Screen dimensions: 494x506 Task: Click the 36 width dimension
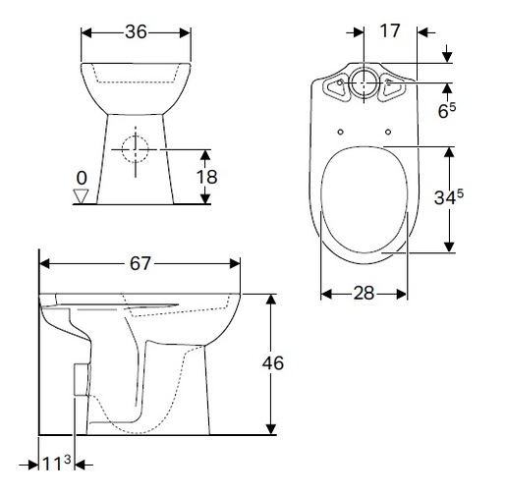[x=137, y=31]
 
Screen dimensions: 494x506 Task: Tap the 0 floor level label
[x=82, y=177]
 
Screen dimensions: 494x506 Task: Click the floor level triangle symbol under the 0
[x=82, y=195]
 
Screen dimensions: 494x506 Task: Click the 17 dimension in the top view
[x=389, y=30]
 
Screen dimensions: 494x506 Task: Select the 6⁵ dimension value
[x=447, y=110]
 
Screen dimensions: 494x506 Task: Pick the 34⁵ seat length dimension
[x=447, y=198]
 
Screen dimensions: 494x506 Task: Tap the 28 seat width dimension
[x=365, y=294]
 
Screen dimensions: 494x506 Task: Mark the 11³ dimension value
[x=57, y=462]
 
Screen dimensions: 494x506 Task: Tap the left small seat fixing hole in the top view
[x=340, y=132]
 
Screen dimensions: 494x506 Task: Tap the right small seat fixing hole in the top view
[x=390, y=132]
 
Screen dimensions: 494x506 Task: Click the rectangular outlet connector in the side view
[x=81, y=377]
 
